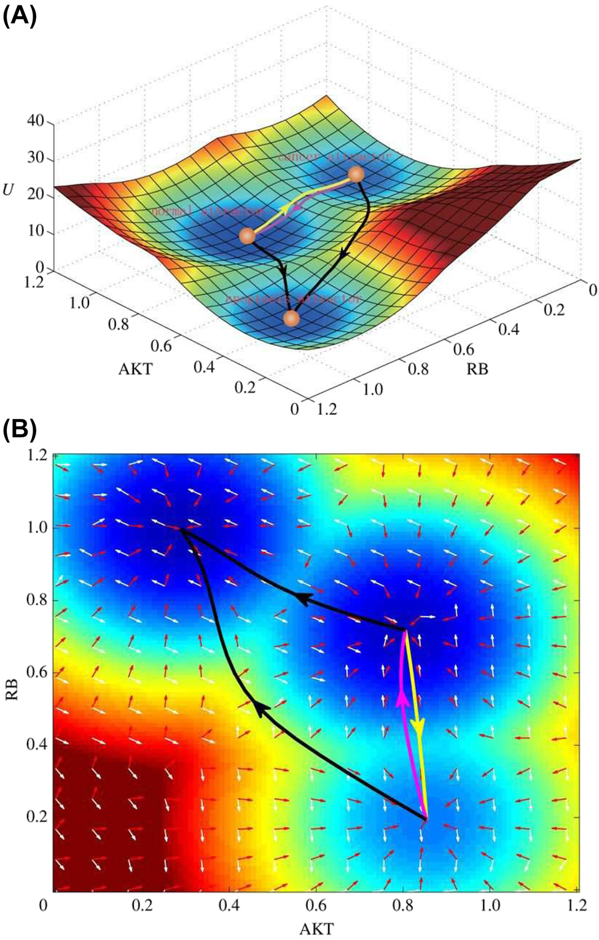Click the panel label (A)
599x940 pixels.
point(20,15)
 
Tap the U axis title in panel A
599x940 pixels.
point(9,190)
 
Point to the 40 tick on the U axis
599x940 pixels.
point(36,121)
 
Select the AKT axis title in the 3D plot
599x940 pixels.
point(135,369)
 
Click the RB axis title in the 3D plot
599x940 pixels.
point(477,369)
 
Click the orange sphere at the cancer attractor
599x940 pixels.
point(356,174)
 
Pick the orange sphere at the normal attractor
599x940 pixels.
point(247,235)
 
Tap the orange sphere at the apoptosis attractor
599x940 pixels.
point(292,318)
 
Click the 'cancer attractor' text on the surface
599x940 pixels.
point(334,157)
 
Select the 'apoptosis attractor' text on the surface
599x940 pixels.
point(293,299)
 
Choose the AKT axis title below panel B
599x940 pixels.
point(316,928)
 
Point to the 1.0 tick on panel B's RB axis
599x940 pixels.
point(37,528)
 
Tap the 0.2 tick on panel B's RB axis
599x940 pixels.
point(37,817)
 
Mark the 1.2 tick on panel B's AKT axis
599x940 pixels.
point(576,906)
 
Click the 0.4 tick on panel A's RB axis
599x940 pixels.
point(509,329)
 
